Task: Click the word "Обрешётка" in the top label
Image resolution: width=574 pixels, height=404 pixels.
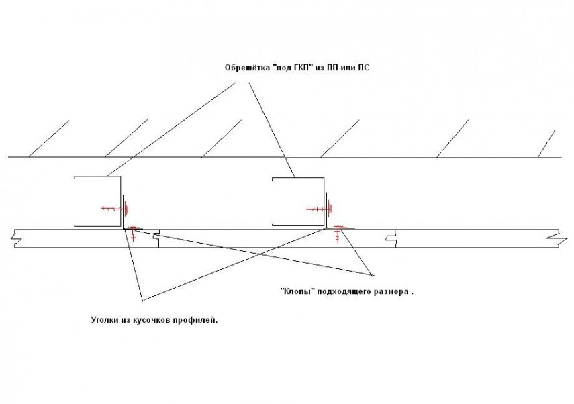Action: click(248, 68)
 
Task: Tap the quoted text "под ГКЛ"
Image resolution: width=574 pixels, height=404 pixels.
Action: click(293, 68)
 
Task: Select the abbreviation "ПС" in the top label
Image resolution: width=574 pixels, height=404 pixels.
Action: click(364, 68)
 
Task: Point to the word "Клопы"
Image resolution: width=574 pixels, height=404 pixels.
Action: click(297, 292)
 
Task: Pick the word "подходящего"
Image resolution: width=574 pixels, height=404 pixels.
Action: click(344, 292)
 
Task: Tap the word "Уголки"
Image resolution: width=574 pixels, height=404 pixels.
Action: click(104, 320)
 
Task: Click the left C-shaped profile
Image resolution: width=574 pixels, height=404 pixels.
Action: click(98, 201)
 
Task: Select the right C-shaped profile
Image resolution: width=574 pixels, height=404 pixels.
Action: click(298, 201)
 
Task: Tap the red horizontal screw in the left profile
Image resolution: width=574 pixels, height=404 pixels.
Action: click(115, 209)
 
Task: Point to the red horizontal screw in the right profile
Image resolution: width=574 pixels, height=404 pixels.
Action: click(319, 209)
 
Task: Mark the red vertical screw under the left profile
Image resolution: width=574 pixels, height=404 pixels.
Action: click(133, 233)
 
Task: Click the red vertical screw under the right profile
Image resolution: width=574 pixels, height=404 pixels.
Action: click(338, 234)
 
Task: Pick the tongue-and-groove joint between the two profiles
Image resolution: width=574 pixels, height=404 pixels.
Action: click(156, 238)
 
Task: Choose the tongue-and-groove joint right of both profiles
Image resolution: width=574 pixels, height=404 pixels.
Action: click(391, 238)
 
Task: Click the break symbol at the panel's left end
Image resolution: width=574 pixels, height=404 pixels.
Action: click(15, 238)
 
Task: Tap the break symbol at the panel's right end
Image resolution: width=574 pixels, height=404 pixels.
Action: click(557, 238)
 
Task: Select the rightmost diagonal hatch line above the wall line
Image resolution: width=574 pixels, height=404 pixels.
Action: click(546, 144)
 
